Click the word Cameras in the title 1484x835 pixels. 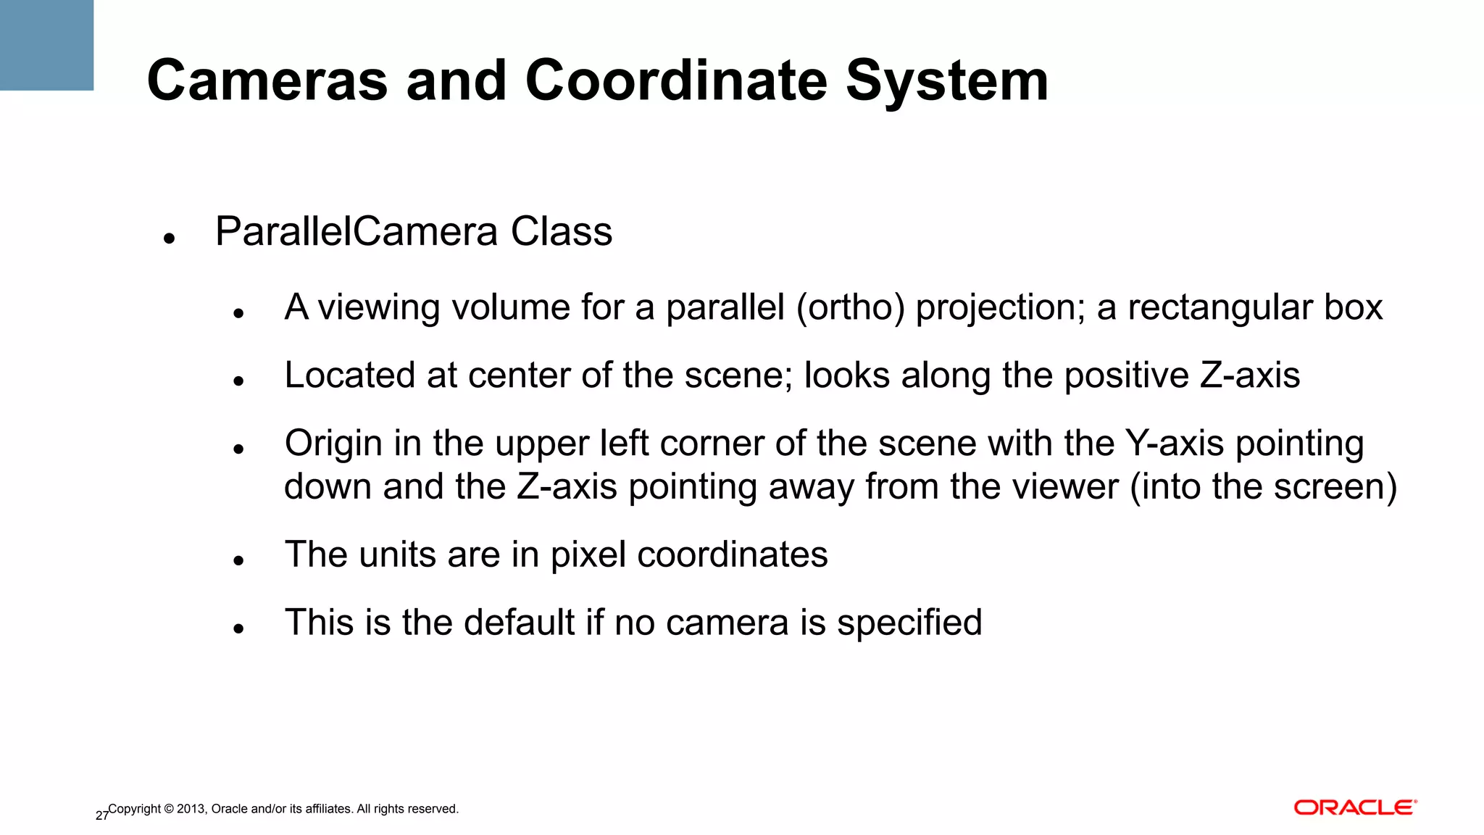coord(267,80)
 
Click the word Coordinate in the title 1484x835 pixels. coord(675,80)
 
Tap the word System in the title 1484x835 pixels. coord(947,82)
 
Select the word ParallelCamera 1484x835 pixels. coord(357,232)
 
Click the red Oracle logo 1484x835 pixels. coord(1355,807)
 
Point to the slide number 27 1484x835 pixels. coord(101,816)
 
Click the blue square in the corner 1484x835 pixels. coord(46,45)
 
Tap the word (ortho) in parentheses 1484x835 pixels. coord(850,307)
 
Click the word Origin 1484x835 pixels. coord(333,444)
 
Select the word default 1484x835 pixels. coord(519,623)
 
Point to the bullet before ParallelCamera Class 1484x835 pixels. coord(170,238)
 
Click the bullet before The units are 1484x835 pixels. coord(238,560)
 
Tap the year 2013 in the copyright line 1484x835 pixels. coord(191,809)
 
